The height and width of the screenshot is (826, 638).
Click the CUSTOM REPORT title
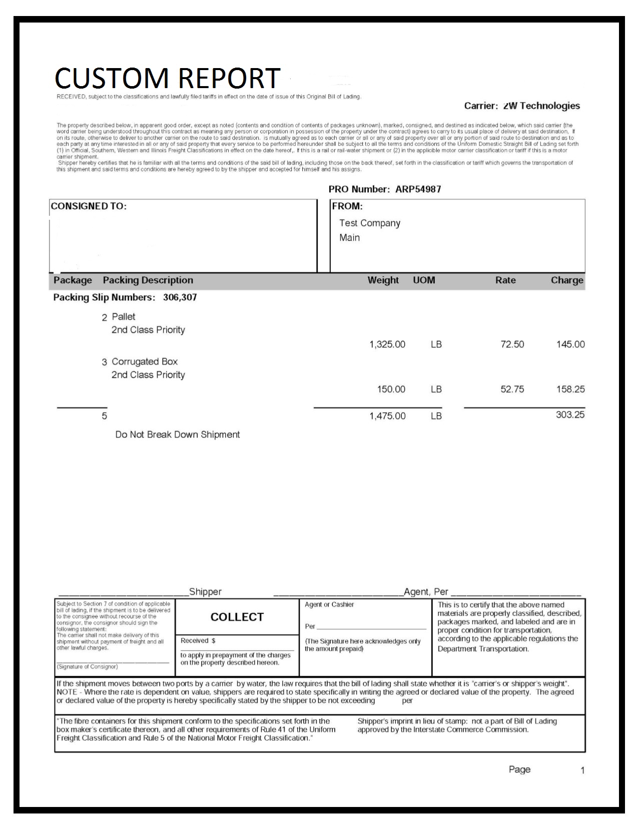click(x=167, y=78)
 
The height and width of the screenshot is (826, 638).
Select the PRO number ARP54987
click(x=418, y=189)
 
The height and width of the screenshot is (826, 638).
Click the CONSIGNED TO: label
click(x=89, y=206)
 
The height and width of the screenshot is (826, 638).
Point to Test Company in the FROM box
click(x=370, y=223)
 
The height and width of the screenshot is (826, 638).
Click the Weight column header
click(x=383, y=280)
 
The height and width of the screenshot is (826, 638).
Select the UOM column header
click(x=424, y=280)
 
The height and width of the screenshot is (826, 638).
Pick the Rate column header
click(x=505, y=280)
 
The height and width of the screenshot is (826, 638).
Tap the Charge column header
click(x=567, y=280)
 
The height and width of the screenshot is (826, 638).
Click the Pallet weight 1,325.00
click(x=387, y=344)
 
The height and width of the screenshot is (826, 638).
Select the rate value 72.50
click(x=512, y=344)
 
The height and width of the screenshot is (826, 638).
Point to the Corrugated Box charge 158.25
click(x=570, y=389)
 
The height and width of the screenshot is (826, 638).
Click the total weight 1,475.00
click(x=387, y=416)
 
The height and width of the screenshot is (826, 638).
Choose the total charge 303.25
click(x=570, y=415)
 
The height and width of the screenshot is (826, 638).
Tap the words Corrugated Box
click(x=145, y=362)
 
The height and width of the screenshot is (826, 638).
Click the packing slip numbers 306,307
click(x=180, y=297)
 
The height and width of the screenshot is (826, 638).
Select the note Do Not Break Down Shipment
click(x=178, y=435)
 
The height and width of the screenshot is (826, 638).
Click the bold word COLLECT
click(x=237, y=617)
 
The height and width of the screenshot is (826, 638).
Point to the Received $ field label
click(x=198, y=641)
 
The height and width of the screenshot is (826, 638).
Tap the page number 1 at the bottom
click(x=582, y=770)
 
